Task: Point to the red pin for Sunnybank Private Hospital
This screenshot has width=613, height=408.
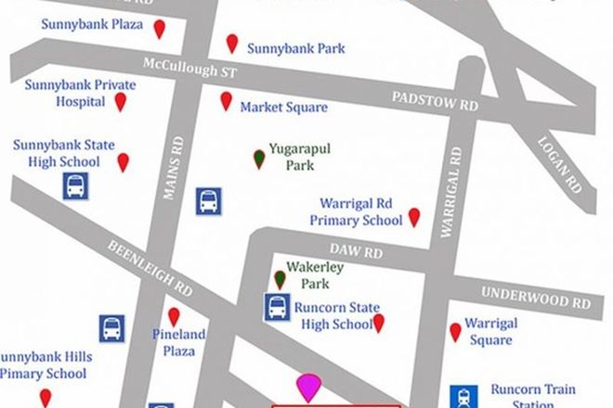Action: [x=120, y=101]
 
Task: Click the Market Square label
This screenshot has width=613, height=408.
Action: [x=283, y=108]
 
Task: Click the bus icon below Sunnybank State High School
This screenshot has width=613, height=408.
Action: [x=74, y=188]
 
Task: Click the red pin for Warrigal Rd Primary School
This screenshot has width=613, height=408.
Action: [x=414, y=217]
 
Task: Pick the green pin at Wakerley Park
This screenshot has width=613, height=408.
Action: [x=280, y=277]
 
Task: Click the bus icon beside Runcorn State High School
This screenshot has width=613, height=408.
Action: [x=277, y=306]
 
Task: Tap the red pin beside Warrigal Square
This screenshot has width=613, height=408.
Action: [x=455, y=331]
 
